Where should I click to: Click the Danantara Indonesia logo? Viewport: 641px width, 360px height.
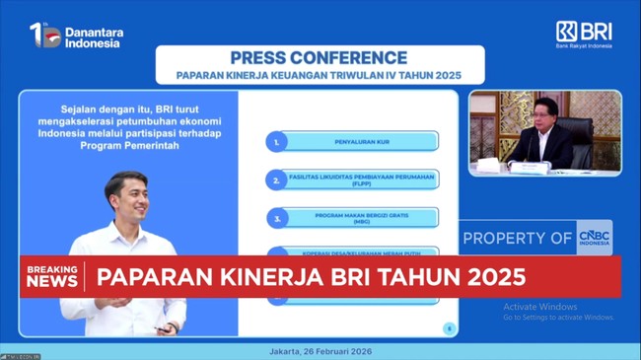click(x=76, y=36)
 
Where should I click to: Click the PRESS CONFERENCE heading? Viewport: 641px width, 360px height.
click(x=318, y=58)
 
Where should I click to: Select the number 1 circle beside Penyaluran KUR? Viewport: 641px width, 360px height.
click(x=277, y=142)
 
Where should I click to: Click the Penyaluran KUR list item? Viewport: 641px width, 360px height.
click(x=361, y=142)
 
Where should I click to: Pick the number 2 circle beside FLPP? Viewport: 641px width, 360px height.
click(x=277, y=180)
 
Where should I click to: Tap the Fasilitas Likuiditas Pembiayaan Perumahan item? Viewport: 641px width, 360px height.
click(x=361, y=180)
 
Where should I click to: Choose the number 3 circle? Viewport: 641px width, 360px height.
click(x=277, y=217)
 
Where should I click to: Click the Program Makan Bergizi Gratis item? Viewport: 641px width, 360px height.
click(x=361, y=217)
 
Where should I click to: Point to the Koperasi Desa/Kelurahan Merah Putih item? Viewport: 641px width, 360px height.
click(x=361, y=252)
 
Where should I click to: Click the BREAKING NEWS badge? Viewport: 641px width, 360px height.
click(x=51, y=276)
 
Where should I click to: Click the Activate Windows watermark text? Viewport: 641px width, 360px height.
click(x=540, y=307)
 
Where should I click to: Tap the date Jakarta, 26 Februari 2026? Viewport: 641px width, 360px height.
click(x=320, y=350)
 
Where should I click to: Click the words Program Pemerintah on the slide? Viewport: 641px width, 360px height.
click(x=126, y=145)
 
